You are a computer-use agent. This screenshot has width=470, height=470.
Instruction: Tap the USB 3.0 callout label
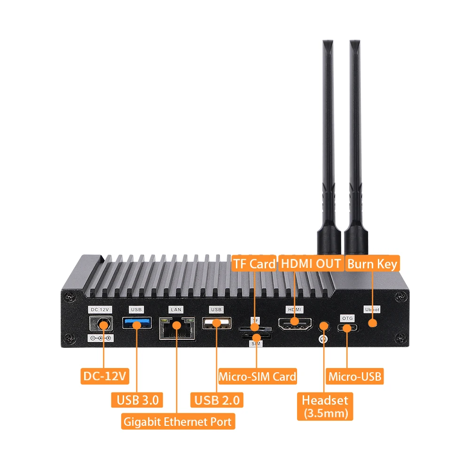pyautogui.click(x=136, y=400)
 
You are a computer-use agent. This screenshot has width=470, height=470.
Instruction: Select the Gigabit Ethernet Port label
pyautogui.click(x=178, y=422)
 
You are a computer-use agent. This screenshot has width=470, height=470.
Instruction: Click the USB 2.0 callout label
pyautogui.click(x=217, y=400)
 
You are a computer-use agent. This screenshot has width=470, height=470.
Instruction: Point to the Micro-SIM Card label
pyautogui.click(x=258, y=376)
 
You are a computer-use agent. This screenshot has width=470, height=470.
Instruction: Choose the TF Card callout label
pyautogui.click(x=254, y=264)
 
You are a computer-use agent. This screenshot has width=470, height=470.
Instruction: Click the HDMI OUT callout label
pyautogui.click(x=311, y=264)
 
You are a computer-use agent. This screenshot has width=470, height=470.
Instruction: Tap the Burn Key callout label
pyautogui.click(x=372, y=264)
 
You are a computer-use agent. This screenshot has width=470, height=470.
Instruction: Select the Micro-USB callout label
pyautogui.click(x=355, y=376)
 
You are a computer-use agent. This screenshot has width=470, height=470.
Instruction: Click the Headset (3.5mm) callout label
pyautogui.click(x=325, y=406)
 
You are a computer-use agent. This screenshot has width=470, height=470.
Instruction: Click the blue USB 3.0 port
pyautogui.click(x=137, y=323)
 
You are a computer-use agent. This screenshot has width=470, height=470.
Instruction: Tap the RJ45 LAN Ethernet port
pyautogui.click(x=177, y=327)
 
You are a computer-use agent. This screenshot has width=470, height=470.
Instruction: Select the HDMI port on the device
pyautogui.click(x=295, y=323)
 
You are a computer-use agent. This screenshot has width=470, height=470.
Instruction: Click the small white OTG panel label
pyautogui.click(x=347, y=319)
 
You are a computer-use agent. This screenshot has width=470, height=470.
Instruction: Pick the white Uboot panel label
pyautogui.click(x=372, y=310)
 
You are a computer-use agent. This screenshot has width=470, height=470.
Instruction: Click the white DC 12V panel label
pyautogui.click(x=100, y=310)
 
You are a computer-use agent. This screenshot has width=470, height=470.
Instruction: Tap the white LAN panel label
pyautogui.click(x=176, y=310)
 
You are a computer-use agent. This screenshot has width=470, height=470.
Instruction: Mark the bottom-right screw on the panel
pyautogui.click(x=400, y=338)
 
